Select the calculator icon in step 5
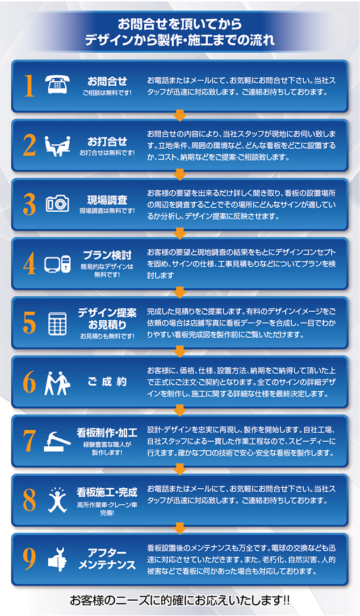pos(57,322)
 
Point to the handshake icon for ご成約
pos(57,383)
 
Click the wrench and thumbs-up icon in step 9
pos(57,558)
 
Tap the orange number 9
pos(30,559)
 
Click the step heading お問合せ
pos(107,81)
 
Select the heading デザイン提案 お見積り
pos(107,318)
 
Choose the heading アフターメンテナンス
pos(107,559)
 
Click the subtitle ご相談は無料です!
pos(107,93)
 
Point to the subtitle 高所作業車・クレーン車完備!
pos(107,508)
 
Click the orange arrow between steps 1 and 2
pos(180,116)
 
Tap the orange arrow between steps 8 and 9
pos(180,529)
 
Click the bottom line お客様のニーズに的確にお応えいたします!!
pos(180,600)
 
